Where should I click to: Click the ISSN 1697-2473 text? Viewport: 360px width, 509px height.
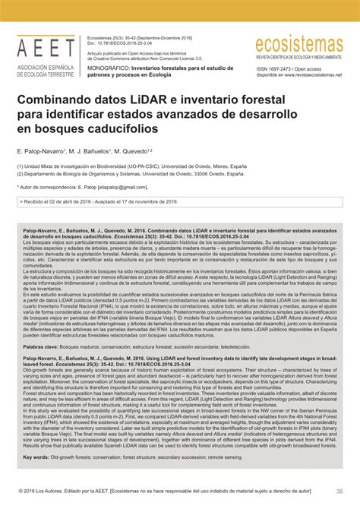pyautogui.click(x=276, y=68)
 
